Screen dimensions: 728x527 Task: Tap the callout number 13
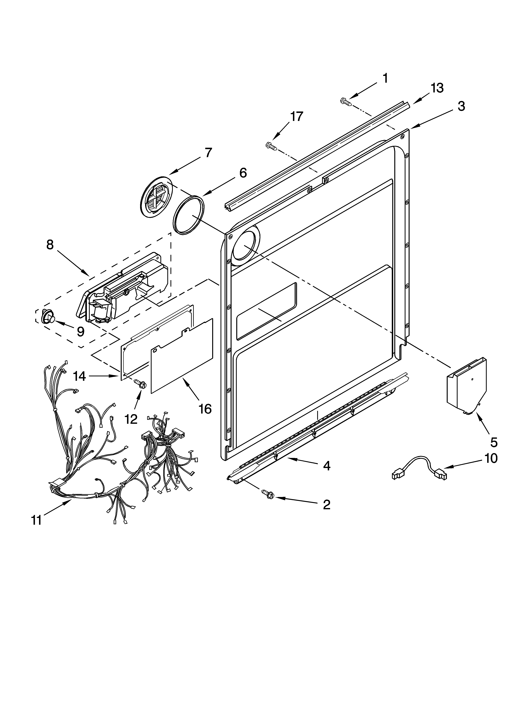click(x=437, y=88)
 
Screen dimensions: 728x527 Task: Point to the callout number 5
click(x=494, y=442)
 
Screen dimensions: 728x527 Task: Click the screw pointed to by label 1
click(x=345, y=102)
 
